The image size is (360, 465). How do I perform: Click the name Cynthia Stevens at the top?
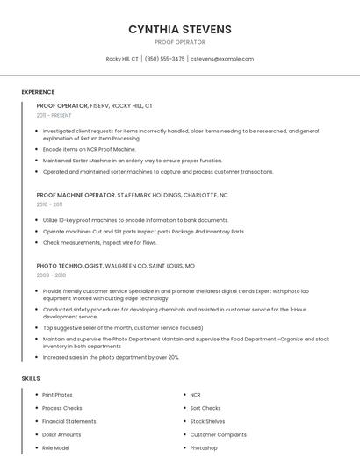point(180,29)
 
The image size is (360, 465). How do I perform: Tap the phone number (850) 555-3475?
point(164,59)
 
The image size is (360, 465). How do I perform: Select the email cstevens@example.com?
point(222,59)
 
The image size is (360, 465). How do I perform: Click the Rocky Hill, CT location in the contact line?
point(122,59)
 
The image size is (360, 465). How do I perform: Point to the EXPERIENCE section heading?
point(38,91)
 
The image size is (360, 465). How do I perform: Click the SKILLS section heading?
point(31,378)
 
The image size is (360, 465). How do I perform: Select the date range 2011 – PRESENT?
point(54,115)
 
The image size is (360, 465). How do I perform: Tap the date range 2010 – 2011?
point(49,204)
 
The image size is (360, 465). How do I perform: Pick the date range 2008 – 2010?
point(50,275)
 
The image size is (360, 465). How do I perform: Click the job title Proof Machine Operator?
point(76,194)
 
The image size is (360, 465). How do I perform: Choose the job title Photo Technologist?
point(69,265)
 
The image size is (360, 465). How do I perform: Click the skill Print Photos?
point(57,395)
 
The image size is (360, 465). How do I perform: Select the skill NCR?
point(195,395)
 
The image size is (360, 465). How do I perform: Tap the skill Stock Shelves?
point(207,421)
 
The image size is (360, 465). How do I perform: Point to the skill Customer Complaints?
point(218,434)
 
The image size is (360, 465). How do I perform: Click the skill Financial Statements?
point(68,421)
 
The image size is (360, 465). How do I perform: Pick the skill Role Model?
point(55,447)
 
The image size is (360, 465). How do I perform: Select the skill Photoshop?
point(203,447)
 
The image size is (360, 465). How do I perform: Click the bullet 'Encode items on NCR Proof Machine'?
point(90,149)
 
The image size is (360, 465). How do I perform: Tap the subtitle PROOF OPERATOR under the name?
point(180,42)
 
